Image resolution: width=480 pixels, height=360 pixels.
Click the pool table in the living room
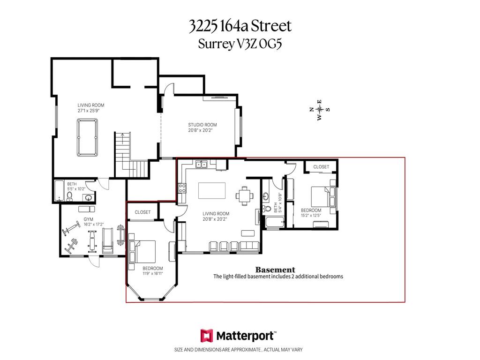(87, 137)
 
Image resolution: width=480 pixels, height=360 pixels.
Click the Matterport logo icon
(207, 336)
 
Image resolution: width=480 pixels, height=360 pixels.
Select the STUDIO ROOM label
(202, 125)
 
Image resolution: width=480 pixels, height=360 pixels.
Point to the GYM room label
(89, 219)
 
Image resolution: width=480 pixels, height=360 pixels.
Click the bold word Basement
(275, 270)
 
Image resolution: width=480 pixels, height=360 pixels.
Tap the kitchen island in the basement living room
(212, 191)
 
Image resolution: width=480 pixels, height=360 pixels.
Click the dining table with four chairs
(245, 195)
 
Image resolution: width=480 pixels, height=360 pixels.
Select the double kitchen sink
(202, 165)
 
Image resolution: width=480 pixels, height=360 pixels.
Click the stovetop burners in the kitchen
(182, 188)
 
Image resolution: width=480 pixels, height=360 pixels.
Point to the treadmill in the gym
(107, 240)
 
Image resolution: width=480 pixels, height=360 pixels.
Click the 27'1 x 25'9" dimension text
(89, 111)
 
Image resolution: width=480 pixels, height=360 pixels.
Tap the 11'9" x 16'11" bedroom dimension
(153, 273)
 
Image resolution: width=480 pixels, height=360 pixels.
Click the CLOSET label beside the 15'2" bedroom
(321, 167)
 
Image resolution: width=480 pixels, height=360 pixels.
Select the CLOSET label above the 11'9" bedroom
(142, 212)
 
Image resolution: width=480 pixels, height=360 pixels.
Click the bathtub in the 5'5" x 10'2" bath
(59, 191)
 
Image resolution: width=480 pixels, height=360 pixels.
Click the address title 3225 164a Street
(240, 26)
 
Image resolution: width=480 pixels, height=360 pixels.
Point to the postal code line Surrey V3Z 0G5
(240, 44)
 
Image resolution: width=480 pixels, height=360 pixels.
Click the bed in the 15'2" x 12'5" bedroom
(323, 196)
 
